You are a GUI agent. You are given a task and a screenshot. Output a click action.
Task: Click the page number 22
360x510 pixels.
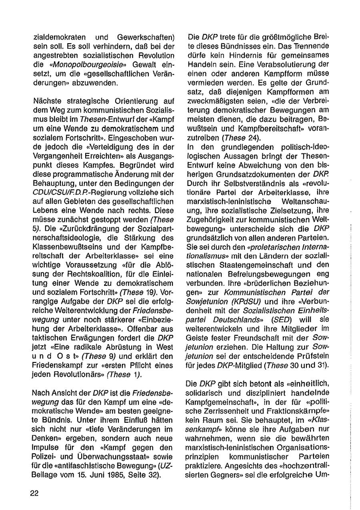(34, 493)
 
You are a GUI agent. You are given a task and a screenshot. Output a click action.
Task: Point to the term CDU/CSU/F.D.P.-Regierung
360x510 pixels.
(74, 193)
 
